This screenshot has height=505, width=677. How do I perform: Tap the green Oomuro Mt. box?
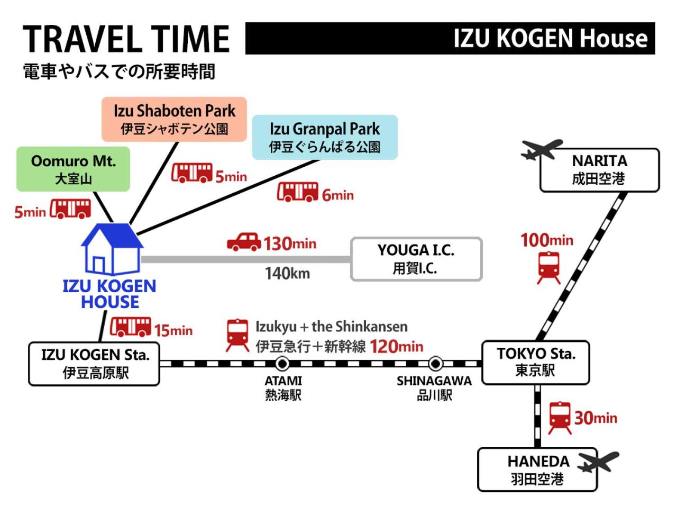tap(73, 169)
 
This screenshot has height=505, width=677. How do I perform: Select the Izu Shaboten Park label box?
tap(174, 119)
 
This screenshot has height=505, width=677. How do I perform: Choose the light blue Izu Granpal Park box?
tap(325, 137)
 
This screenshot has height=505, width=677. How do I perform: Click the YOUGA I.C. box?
tap(416, 259)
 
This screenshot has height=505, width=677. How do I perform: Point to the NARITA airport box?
tap(600, 170)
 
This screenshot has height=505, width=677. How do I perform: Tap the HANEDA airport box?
tap(537, 469)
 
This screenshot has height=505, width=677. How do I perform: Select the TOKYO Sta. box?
tap(536, 363)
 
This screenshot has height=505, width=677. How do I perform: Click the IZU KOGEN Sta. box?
tap(94, 364)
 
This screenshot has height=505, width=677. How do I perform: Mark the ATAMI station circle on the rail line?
tap(282, 364)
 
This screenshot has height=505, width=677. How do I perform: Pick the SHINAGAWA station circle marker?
tap(435, 364)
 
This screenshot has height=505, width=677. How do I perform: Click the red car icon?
tap(244, 242)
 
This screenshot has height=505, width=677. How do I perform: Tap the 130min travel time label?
tap(290, 244)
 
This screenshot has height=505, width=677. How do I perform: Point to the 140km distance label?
tap(287, 274)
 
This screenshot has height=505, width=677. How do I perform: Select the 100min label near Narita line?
tap(547, 240)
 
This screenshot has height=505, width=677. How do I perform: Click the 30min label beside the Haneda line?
tap(596, 418)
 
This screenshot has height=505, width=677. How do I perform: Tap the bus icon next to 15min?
tap(131, 327)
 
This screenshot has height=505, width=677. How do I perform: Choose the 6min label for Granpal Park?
tap(338, 195)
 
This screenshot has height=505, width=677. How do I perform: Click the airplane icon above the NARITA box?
tap(541, 150)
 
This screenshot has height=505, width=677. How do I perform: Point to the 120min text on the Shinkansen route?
tap(396, 346)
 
